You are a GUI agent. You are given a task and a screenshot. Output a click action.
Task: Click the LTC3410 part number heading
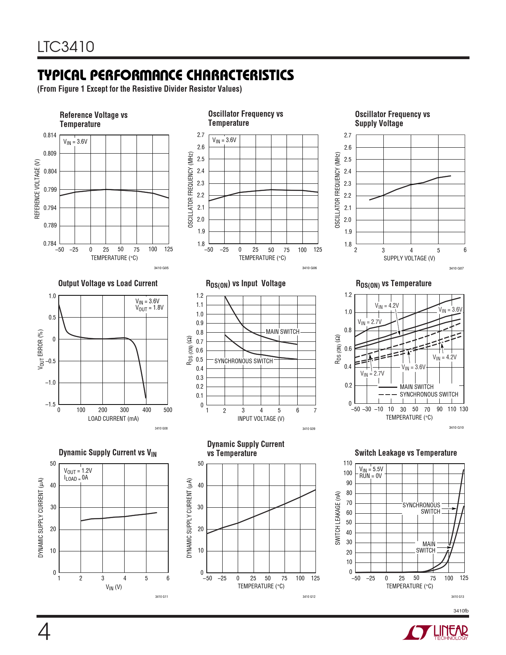66,47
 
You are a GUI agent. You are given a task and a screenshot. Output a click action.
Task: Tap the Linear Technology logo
435,632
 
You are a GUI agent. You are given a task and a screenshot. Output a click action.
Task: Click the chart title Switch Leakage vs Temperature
406,453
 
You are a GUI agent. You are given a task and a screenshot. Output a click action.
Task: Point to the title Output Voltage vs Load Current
108,283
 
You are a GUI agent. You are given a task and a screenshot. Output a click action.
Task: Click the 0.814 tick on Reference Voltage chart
50,135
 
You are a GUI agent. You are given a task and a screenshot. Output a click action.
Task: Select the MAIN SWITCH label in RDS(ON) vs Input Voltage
283,332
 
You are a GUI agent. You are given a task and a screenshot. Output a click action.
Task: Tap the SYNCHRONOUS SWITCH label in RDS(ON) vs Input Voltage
244,361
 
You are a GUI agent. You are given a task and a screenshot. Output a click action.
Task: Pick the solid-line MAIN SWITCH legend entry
416,387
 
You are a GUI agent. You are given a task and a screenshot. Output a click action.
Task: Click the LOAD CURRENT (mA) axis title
113,418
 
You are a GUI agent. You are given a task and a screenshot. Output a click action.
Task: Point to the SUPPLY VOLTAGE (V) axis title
409,258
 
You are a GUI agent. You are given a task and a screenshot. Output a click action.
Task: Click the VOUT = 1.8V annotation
149,308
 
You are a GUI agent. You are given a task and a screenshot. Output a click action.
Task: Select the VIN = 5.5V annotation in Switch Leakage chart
371,469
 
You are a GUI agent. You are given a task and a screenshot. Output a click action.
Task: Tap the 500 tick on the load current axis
168,410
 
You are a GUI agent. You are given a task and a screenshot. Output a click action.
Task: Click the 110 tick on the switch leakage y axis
348,463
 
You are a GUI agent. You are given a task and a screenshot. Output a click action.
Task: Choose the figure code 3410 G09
309,429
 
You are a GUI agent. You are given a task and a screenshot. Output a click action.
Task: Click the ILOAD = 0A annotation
76,478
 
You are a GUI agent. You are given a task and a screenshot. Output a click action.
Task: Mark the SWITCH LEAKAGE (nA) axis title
338,518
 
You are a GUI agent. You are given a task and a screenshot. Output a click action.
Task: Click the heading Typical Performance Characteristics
165,75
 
